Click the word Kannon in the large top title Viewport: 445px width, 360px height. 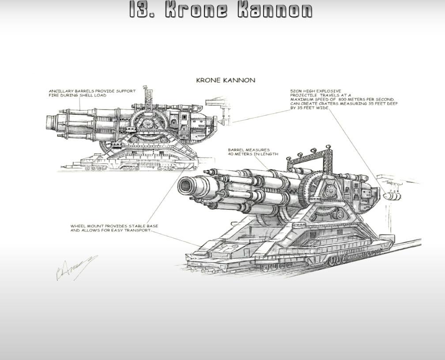275,9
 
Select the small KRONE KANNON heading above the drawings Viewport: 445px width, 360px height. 225,80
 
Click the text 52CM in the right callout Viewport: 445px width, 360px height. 297,91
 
